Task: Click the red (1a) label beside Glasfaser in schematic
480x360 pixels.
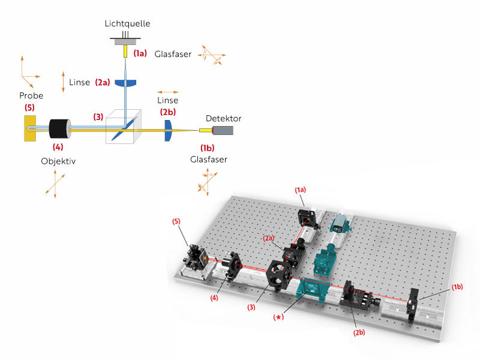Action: point(140,53)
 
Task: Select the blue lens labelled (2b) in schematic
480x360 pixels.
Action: point(169,127)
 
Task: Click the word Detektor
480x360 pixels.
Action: point(223,118)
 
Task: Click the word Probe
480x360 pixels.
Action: point(31,96)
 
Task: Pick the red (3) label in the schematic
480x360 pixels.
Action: point(98,116)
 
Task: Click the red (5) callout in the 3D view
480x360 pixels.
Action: point(176,221)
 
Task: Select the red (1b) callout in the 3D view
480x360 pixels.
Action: point(458,288)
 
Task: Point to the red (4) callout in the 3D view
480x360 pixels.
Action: point(215,296)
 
